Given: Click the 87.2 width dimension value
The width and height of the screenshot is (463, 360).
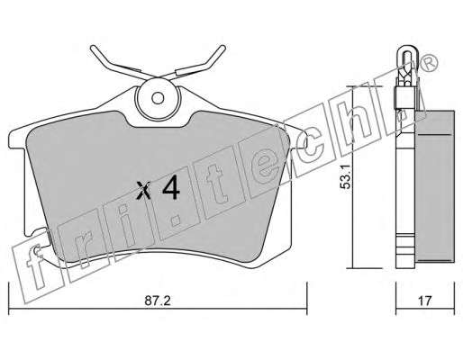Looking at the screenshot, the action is (x=158, y=300).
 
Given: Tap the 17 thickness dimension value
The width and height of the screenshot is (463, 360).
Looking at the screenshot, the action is (x=425, y=301).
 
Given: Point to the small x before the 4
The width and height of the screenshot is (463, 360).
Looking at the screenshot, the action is (x=143, y=190).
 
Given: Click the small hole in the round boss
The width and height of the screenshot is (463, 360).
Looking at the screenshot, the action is (x=158, y=98).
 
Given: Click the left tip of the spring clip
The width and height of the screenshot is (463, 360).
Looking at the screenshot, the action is (x=93, y=48).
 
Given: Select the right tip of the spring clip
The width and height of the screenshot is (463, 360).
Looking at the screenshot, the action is (x=222, y=48).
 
